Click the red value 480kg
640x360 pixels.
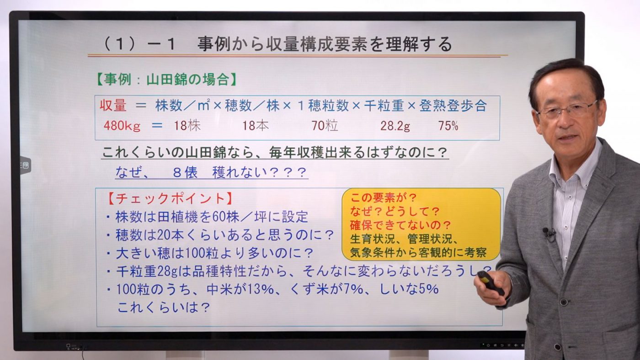(122, 126)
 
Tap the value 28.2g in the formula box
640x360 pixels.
(395, 126)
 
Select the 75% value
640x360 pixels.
(448, 126)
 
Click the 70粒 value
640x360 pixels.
(325, 126)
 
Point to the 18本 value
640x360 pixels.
(256, 126)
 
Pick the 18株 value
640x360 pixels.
(187, 126)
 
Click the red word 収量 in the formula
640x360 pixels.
(113, 106)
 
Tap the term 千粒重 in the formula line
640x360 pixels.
(384, 106)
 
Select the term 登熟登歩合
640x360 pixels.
(453, 106)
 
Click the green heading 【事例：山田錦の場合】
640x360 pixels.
(166, 79)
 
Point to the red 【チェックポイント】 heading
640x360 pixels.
(170, 198)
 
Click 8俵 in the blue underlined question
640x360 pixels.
(185, 172)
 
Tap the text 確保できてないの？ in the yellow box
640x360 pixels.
(400, 225)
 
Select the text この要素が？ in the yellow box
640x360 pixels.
(384, 197)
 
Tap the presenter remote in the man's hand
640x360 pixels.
(490, 282)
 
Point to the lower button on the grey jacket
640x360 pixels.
(557, 347)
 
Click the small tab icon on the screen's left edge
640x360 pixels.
(25, 165)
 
